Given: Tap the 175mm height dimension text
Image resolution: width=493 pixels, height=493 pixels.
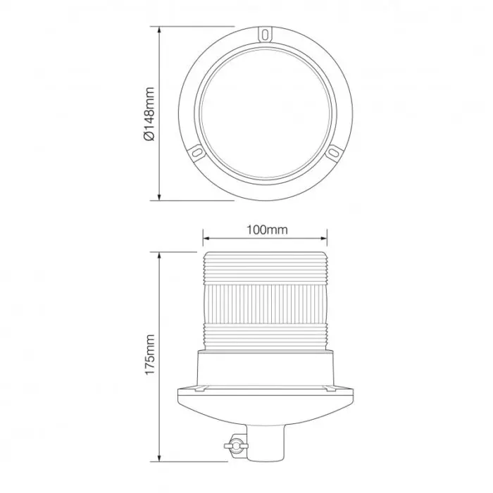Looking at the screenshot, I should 149,356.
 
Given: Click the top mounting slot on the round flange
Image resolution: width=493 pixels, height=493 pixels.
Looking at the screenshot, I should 265,33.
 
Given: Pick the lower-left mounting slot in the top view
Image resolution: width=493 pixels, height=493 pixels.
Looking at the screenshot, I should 196,151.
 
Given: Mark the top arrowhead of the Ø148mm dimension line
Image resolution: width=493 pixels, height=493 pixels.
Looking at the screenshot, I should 161,30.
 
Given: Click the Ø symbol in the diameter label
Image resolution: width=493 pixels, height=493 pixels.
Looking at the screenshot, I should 149,137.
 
